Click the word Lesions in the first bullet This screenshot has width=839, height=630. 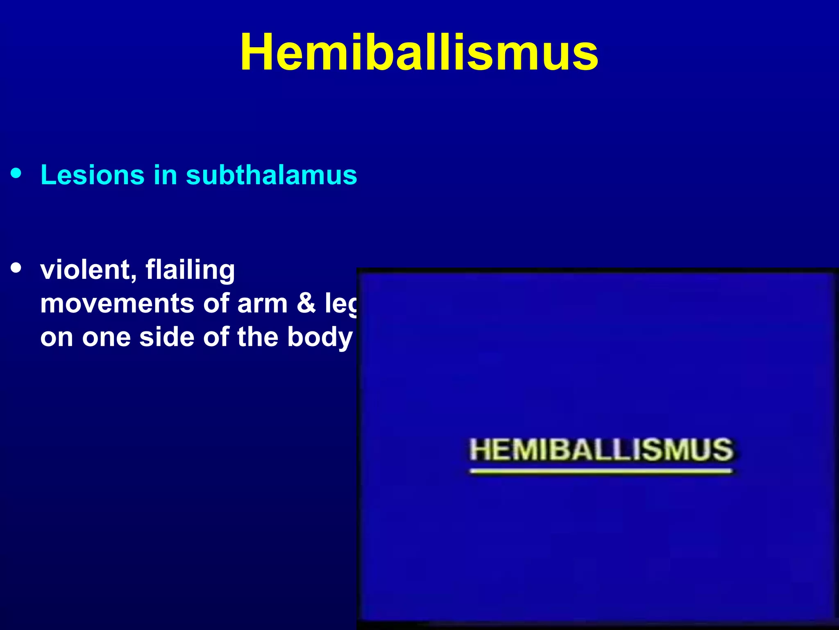click(92, 175)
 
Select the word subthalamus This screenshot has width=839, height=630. click(271, 175)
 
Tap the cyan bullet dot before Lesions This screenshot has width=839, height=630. click(16, 173)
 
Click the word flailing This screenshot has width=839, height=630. click(190, 271)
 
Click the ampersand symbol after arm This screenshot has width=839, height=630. click(306, 304)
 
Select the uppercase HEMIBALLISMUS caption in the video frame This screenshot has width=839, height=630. click(601, 450)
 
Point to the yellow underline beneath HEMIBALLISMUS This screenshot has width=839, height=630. click(601, 471)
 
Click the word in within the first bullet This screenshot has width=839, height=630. click(165, 175)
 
